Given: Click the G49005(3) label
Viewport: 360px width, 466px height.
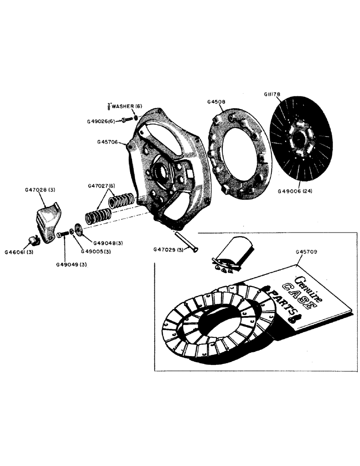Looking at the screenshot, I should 96,252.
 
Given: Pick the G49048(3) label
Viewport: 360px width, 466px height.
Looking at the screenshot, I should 108,243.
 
